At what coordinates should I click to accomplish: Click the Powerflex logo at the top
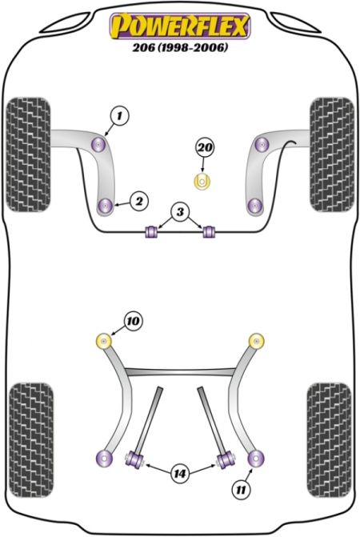point(180,26)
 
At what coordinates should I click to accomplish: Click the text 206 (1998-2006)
point(180,47)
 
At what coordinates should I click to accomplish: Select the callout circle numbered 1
point(119,116)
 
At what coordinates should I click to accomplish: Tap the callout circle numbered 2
point(139,201)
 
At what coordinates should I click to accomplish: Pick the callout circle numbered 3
point(180,212)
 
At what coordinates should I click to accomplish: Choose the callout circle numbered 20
point(204,147)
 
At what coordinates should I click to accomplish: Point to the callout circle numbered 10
point(133,321)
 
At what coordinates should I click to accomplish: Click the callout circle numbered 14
point(180,474)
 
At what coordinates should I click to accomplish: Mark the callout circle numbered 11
point(241,490)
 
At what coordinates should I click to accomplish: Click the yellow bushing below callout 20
point(202,181)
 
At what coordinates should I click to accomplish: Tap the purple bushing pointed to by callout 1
point(99,144)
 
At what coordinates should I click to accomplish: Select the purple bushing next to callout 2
point(105,206)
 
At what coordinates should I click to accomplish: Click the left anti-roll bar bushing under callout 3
point(151,231)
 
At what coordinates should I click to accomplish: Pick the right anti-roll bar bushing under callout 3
point(209,231)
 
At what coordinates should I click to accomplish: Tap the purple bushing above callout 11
point(256,458)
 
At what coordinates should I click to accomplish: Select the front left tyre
point(29,154)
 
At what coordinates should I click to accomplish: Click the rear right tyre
point(330,440)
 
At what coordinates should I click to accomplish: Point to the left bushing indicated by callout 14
point(135,459)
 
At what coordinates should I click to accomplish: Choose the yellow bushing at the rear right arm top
point(256,341)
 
